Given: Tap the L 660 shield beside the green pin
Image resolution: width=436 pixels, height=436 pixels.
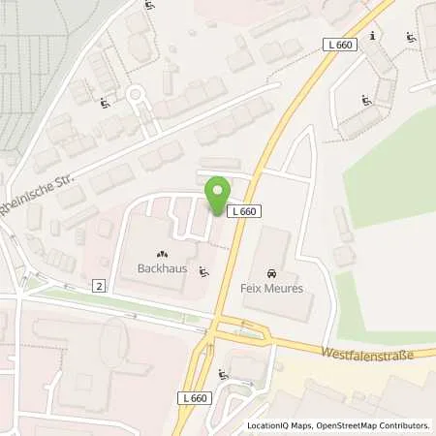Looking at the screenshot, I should coord(241,210).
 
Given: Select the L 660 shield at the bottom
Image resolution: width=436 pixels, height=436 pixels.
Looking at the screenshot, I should coord(195,398).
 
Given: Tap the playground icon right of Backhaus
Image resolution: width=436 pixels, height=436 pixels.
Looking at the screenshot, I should coord(202,271).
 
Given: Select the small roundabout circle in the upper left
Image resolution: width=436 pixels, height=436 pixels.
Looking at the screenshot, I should coord(137,95).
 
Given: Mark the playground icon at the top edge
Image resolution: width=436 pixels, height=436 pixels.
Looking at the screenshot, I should coord(150,6).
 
